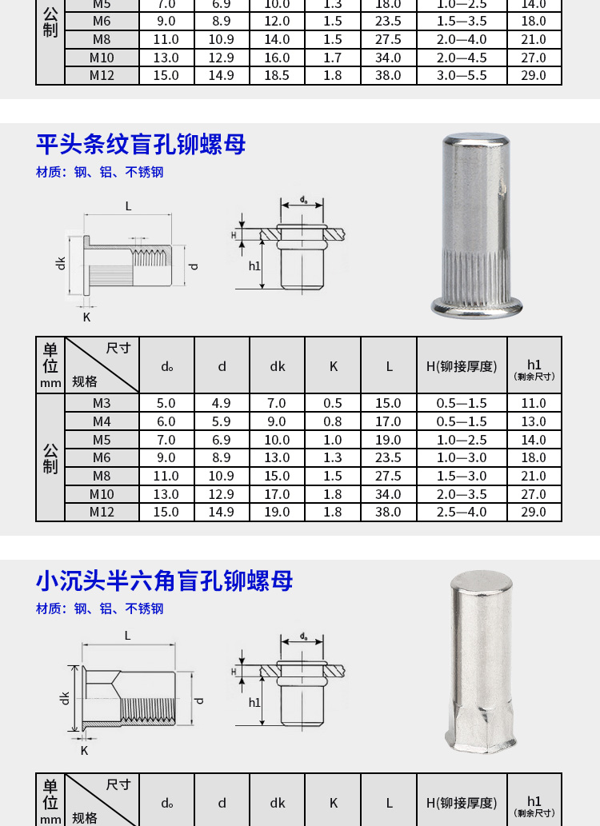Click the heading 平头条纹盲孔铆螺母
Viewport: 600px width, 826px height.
pos(141,145)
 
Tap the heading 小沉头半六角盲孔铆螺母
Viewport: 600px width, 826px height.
pos(165,581)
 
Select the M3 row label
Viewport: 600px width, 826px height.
pos(102,403)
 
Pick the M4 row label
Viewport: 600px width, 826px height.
pos(102,421)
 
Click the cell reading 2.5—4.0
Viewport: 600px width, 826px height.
pos(462,512)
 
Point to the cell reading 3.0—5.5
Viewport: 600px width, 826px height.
pos(462,75)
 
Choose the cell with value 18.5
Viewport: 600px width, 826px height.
pos(277,75)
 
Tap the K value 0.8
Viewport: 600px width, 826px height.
pos(333,421)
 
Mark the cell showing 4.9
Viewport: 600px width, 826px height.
pos(222,403)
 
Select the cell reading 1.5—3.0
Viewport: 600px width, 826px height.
pos(462,476)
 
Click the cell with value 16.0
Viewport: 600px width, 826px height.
pos(277,58)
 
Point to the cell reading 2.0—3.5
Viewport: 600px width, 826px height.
pos(462,494)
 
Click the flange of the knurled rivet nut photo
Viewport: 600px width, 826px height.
pos(477,307)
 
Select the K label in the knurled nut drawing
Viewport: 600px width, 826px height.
pos(87,317)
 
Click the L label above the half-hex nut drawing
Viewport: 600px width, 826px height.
pos(127,636)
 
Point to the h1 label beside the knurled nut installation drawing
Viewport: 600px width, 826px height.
pos(254,266)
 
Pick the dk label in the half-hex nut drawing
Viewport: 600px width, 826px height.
pos(64,699)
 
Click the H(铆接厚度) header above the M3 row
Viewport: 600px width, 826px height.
pos(462,366)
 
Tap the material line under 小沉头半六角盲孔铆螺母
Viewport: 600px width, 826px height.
pos(100,609)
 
